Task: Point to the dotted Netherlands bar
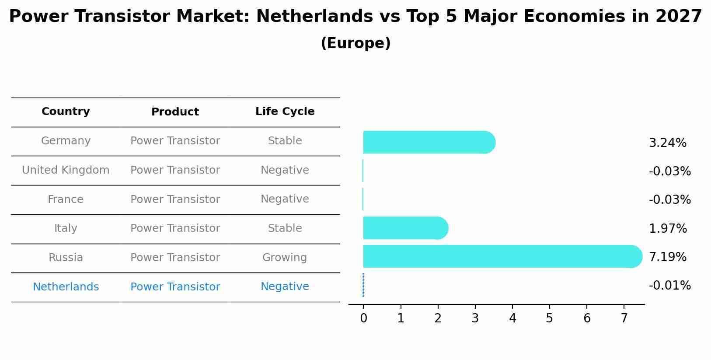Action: (x=363, y=285)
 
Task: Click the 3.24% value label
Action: (x=667, y=143)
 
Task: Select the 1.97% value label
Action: (x=668, y=229)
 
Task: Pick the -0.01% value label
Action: (x=669, y=286)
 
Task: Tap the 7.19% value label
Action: (x=667, y=257)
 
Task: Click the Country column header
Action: (x=66, y=112)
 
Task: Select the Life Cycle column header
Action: (x=285, y=112)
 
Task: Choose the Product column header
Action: (x=175, y=112)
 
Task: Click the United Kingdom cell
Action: (x=66, y=170)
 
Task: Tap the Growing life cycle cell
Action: (x=285, y=258)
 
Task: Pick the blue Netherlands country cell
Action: (x=66, y=287)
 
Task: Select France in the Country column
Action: (x=66, y=199)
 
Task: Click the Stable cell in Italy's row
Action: (x=285, y=228)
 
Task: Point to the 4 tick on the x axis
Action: (x=512, y=318)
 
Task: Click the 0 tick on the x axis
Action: (x=363, y=318)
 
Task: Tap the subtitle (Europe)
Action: (x=355, y=43)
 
